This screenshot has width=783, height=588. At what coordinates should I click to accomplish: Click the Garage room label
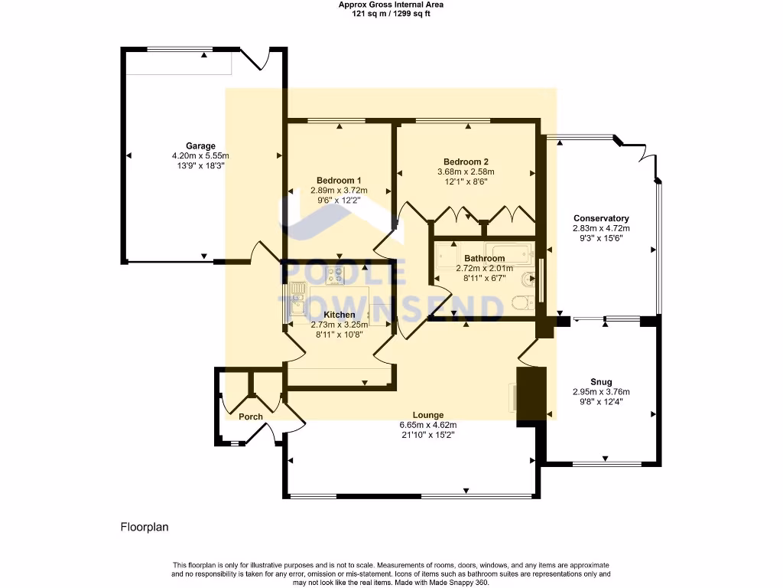coord(201,146)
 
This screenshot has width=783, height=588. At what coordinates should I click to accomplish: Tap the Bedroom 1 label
coord(339,181)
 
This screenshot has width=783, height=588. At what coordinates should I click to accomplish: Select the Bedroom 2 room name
coord(466,162)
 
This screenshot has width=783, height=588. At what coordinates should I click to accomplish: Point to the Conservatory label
coord(601,218)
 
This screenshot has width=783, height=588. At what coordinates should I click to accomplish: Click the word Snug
coord(601,382)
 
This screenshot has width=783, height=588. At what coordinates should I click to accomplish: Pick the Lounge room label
coord(428,415)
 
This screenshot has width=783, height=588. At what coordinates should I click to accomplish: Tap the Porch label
coord(251,416)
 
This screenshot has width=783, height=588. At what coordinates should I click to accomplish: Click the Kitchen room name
coord(340,315)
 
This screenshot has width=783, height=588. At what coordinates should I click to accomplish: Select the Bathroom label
coord(484,259)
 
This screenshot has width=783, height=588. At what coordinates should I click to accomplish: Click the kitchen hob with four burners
coord(335,276)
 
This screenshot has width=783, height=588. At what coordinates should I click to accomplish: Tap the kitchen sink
coord(298,299)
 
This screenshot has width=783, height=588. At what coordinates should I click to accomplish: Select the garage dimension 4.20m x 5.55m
coord(201,156)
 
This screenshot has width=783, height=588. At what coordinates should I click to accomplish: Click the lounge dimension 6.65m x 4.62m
coord(428,425)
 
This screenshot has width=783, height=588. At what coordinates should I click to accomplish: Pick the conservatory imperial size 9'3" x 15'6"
coord(601,239)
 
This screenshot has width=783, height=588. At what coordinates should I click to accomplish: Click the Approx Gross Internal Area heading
coord(391,5)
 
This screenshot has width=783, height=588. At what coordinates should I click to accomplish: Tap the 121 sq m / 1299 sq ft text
coord(391,14)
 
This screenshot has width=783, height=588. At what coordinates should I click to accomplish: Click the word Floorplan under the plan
coord(145,527)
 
